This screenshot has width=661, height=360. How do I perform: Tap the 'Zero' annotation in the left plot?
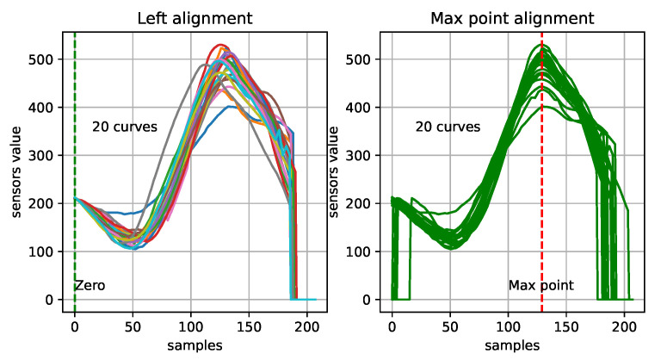tap(90, 285)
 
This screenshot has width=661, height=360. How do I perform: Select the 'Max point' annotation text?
tap(541, 285)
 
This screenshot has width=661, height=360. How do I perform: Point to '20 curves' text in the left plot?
tap(125, 127)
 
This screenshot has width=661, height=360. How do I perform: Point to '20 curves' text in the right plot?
tap(448, 127)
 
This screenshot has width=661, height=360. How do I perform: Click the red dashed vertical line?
tap(542, 215)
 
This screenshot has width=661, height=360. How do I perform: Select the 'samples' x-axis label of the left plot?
tap(196, 345)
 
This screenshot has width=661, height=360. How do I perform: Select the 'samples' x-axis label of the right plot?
tap(514, 345)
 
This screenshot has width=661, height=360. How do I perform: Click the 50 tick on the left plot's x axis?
tap(133, 327)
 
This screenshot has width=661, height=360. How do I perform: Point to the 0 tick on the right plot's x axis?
tap(392, 327)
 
